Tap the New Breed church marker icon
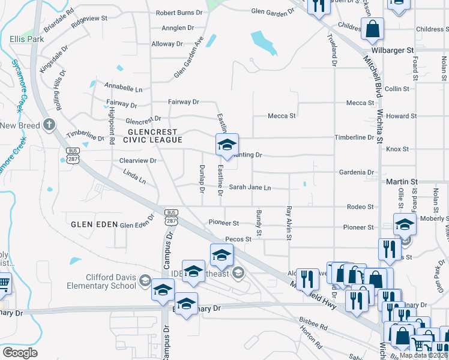click(x=49, y=125)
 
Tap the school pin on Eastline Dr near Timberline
click(x=227, y=145)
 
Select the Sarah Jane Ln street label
click(x=250, y=188)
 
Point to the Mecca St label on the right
click(x=360, y=103)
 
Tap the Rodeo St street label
click(x=360, y=207)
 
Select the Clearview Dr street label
click(x=137, y=161)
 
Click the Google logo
click(x=20, y=352)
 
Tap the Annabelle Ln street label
click(x=123, y=89)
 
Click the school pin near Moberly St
click(x=405, y=224)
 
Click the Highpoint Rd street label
click(x=112, y=130)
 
